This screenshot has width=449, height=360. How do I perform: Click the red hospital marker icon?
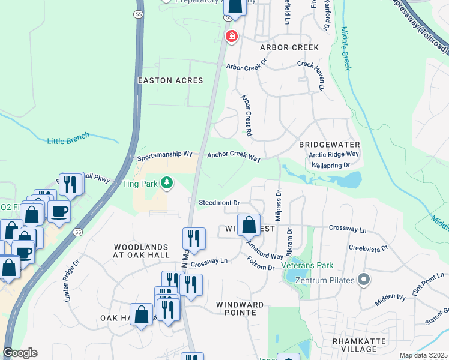[231, 37]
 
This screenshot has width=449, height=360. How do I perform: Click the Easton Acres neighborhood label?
[170, 80]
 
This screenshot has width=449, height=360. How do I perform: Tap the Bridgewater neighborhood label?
[330, 145]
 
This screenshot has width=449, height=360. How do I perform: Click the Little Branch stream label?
[68, 140]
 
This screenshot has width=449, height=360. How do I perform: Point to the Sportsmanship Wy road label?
[164, 157]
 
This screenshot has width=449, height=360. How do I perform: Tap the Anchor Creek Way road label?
[234, 156]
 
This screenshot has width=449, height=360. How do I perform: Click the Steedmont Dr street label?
[219, 203]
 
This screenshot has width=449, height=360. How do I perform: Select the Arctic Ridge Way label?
[334, 154]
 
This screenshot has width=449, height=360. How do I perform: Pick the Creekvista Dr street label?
[368, 248]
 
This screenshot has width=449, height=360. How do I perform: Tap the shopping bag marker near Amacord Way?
[249, 226]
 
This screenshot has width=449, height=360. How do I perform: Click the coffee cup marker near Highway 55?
[59, 212]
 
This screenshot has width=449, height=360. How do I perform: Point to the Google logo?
[20, 353]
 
